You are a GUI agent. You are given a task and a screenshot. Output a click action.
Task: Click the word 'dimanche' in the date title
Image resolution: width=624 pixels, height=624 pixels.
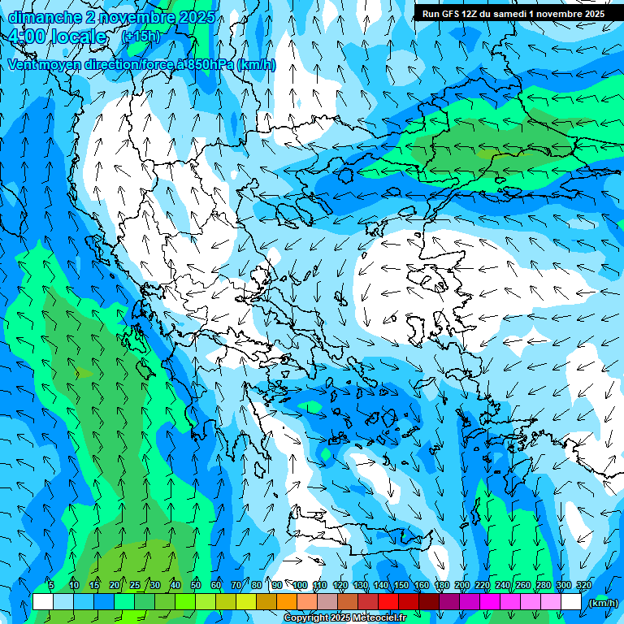41,17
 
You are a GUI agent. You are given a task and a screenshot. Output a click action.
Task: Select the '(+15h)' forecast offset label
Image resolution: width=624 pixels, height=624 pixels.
141,37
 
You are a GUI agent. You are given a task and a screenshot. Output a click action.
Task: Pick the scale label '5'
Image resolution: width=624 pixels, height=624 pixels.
51,586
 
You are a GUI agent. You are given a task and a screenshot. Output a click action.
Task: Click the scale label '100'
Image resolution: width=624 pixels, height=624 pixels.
300,586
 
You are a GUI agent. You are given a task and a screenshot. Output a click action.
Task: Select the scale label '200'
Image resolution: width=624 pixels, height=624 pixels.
462,586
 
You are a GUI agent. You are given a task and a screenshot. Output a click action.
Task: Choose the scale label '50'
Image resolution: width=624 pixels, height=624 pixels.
196,586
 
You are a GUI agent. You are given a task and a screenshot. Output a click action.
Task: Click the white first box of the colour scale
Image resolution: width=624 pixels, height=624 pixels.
43,602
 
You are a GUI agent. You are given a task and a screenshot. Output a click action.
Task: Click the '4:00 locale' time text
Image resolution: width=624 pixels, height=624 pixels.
56,37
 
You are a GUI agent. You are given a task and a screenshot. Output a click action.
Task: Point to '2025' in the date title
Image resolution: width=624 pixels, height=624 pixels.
196,17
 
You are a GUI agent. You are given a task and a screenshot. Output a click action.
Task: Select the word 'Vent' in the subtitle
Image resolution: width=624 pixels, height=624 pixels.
24,65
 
